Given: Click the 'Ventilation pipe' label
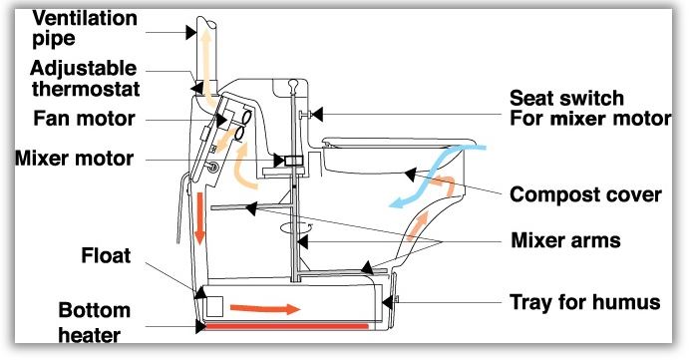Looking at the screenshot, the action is (x=85, y=28).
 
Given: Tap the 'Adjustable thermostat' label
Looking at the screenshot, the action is (x=85, y=79).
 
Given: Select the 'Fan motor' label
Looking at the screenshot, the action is (x=84, y=119).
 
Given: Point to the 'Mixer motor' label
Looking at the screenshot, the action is (x=74, y=159).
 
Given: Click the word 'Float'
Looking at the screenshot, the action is (x=106, y=255).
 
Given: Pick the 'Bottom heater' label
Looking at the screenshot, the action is (x=94, y=322).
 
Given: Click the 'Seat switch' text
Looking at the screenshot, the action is (x=566, y=98).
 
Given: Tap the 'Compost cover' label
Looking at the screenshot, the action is (x=585, y=194).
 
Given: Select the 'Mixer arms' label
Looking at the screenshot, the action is (x=565, y=240).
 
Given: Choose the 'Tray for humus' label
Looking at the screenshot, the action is (x=584, y=302).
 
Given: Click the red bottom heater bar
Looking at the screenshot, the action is (x=286, y=326).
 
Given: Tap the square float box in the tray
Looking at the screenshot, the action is (x=215, y=306).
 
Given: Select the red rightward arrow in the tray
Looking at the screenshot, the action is (x=265, y=309).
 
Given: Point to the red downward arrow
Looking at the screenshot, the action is (x=199, y=218).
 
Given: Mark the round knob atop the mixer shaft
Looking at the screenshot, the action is (x=292, y=83).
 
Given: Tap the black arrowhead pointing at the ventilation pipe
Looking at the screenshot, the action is (x=191, y=32).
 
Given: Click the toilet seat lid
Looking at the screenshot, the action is (x=400, y=142).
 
